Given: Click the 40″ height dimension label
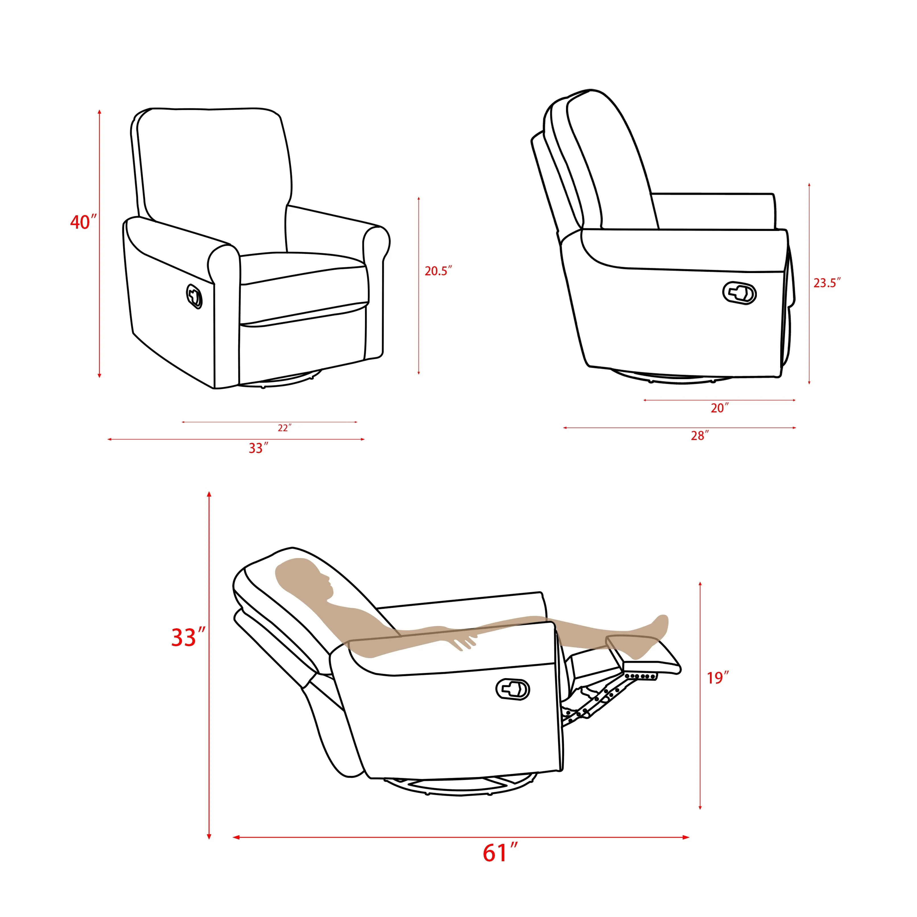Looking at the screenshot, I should point(83,222).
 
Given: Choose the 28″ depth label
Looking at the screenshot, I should point(700,436).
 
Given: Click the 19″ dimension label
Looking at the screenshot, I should point(717,678).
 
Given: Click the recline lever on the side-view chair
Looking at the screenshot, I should point(739,293).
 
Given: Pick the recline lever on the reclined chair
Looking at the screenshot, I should point(513,689).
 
